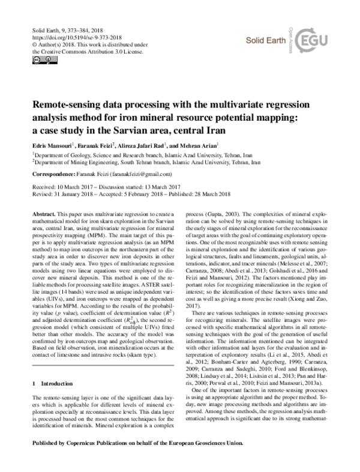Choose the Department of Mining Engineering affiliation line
pos(148,162)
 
